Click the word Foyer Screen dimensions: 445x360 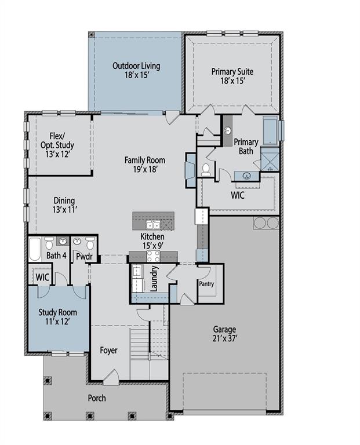(x=108, y=351)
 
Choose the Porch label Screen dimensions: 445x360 (x=97, y=398)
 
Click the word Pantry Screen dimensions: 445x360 (x=207, y=284)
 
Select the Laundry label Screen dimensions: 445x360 (x=155, y=278)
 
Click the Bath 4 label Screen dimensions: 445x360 (x=56, y=256)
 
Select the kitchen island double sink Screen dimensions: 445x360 (x=153, y=225)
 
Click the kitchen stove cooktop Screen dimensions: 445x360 (x=153, y=256)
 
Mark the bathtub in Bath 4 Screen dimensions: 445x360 (x=35, y=249)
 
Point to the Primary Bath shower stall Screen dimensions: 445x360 (x=270, y=159)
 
